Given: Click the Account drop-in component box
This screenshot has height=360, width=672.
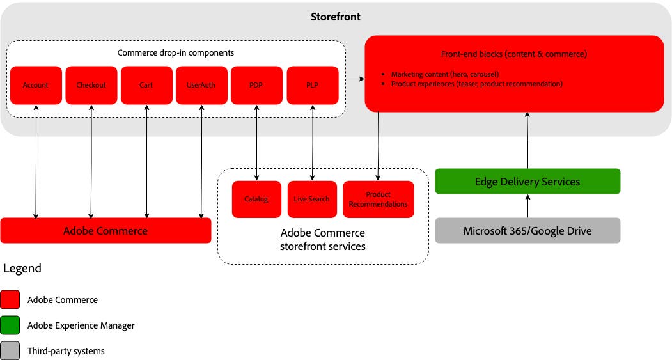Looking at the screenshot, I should (36, 85).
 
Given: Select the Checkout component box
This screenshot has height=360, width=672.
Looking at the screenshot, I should (91, 85).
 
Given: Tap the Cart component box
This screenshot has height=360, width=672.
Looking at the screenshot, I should (146, 85).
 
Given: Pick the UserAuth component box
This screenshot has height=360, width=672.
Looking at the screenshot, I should (201, 85).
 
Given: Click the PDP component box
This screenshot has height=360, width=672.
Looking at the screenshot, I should (256, 85).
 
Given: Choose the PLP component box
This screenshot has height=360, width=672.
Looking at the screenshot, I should (312, 85).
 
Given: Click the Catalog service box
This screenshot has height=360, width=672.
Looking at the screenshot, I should (256, 200).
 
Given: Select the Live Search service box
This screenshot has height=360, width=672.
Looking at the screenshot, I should (312, 200).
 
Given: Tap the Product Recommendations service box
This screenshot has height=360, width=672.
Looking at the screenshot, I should (378, 200).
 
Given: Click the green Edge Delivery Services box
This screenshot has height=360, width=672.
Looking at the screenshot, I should (527, 182).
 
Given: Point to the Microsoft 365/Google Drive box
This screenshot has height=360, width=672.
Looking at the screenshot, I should (527, 231).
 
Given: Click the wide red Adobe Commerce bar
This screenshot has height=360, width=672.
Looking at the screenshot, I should (105, 231).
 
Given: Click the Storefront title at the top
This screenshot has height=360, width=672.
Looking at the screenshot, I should (336, 17).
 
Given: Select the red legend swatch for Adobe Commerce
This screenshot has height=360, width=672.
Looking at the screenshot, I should (11, 299).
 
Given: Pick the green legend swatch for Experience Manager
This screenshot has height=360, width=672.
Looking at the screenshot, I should (11, 325).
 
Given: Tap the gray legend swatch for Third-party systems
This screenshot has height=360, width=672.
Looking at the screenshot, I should (11, 351).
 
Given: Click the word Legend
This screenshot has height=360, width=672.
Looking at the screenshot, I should (22, 269).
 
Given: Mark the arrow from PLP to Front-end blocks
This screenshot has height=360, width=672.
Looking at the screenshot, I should (355, 79).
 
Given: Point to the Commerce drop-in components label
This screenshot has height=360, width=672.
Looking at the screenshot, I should (176, 52).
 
